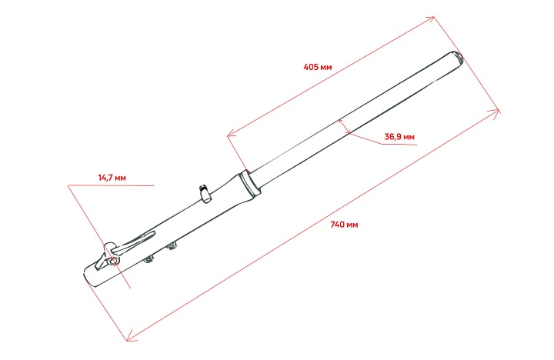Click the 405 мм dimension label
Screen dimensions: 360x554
(318, 67)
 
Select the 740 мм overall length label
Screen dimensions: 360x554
(344, 225)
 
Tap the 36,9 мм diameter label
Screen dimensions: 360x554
(399, 137)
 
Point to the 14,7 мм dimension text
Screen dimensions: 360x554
(112, 178)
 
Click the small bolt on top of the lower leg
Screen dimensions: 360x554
(205, 192)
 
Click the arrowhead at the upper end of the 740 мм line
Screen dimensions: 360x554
(498, 112)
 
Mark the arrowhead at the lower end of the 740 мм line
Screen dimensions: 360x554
(130, 336)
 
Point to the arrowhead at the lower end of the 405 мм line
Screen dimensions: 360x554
(230, 135)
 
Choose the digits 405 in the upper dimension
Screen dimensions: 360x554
(312, 67)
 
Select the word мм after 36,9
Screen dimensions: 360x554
(409, 137)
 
